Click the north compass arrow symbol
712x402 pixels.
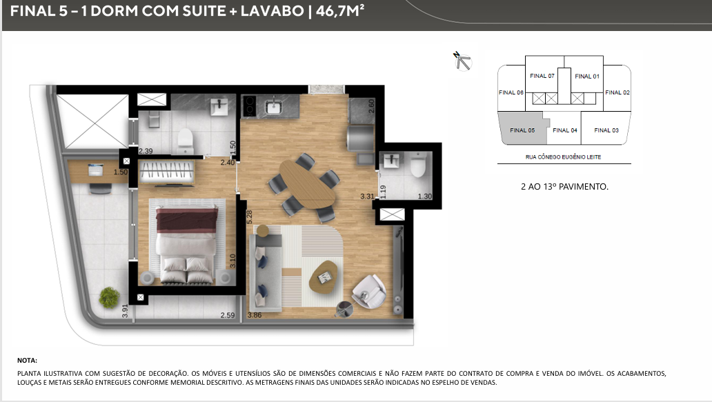point(463,61)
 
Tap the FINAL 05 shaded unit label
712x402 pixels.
point(522,130)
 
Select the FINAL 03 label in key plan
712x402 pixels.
point(606,130)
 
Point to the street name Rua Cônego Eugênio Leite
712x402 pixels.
point(563,157)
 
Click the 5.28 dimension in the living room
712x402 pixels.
point(249,217)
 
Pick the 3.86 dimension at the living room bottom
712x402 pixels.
point(255,315)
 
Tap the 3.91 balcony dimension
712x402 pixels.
point(125,311)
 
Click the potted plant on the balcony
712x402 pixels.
point(109,297)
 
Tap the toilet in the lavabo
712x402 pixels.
point(417,165)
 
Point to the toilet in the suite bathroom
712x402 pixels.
point(186,141)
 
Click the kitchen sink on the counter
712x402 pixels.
point(274,107)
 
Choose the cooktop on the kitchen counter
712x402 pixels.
point(249,105)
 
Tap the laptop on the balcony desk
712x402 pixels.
point(96,170)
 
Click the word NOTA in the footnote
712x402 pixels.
point(27,361)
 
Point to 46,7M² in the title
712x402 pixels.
point(340,11)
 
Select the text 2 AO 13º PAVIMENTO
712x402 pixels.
point(564,186)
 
